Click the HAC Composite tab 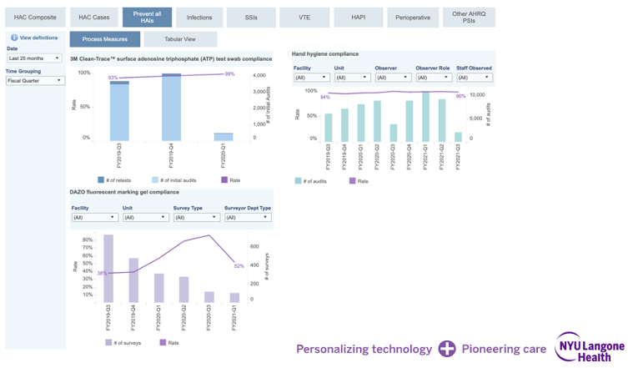35,17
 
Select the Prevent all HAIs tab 147,17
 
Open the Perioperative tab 413,17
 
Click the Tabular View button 180,39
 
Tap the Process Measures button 104,39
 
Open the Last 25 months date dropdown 35,58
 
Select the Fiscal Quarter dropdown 35,81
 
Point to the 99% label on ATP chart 229,74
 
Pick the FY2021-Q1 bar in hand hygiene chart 425,117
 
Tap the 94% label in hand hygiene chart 324,97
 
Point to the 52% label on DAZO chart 239,266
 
